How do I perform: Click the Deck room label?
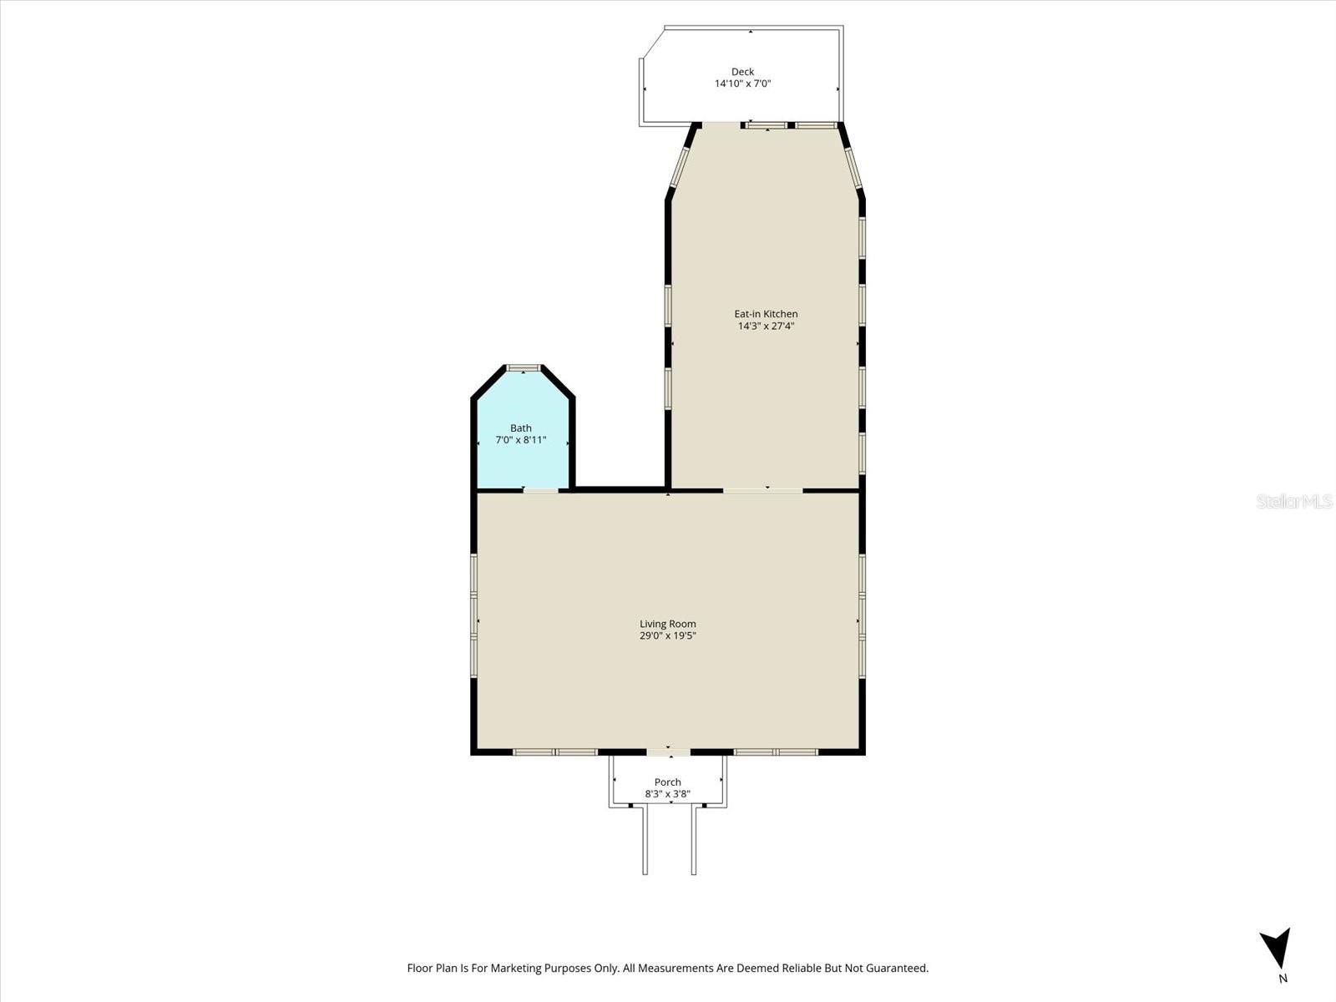click(x=742, y=72)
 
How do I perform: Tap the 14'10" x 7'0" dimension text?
click(x=742, y=83)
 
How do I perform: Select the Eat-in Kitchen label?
click(x=766, y=314)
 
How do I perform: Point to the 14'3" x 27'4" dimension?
click(x=766, y=326)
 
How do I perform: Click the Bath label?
click(x=521, y=428)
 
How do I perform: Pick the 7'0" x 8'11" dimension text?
click(x=521, y=440)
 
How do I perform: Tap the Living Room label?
click(x=668, y=624)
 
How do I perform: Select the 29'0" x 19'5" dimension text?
click(x=668, y=636)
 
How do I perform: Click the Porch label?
click(x=668, y=782)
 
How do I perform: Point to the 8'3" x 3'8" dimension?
click(x=668, y=794)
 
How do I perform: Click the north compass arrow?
click(x=1275, y=949)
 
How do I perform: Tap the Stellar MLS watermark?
click(x=1294, y=501)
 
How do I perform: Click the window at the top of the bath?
click(x=524, y=367)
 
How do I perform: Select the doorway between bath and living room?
click(x=541, y=490)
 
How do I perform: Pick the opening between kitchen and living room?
click(x=762, y=490)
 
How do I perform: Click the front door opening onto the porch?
click(x=668, y=752)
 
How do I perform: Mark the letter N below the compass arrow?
click(x=1283, y=979)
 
